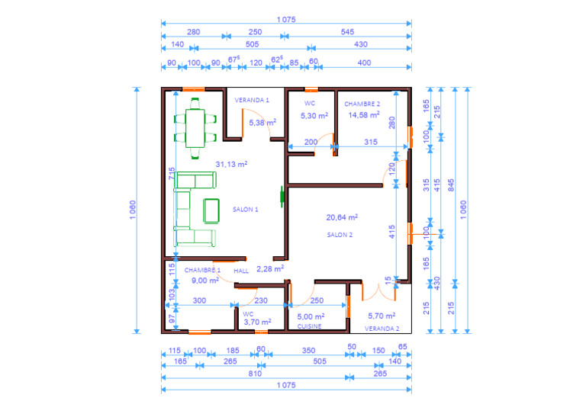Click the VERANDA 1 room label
click(x=252, y=100)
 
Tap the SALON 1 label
click(x=245, y=210)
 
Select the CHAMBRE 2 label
click(x=362, y=104)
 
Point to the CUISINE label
click(x=309, y=326)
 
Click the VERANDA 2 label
click(x=382, y=329)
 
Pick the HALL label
click(x=241, y=271)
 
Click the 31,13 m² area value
click(x=231, y=164)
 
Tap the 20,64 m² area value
click(x=342, y=217)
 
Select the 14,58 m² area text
click(x=364, y=115)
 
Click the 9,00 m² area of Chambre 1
click(x=205, y=281)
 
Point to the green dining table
click(x=195, y=128)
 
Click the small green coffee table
click(x=211, y=211)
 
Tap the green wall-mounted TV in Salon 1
click(x=282, y=197)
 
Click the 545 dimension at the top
click(x=347, y=32)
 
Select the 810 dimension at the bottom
click(x=255, y=374)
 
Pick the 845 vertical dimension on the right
click(x=451, y=185)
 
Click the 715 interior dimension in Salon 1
click(x=171, y=174)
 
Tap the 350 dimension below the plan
click(x=309, y=351)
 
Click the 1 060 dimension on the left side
click(x=133, y=210)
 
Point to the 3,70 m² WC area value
click(x=257, y=322)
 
